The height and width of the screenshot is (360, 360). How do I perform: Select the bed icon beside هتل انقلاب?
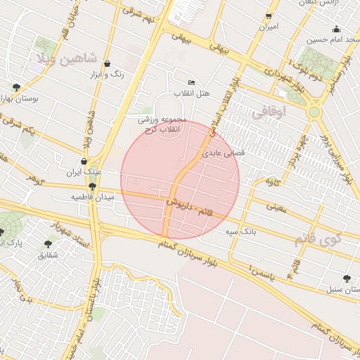(x=192, y=82)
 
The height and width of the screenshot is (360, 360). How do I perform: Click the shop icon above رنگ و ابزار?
(x=107, y=63)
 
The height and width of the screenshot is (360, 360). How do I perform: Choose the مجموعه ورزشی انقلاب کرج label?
(x=161, y=124)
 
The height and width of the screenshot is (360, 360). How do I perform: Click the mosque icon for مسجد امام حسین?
(x=336, y=29)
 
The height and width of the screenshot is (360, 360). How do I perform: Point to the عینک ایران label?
(x=84, y=172)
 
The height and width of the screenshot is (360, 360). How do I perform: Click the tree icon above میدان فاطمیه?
(x=92, y=186)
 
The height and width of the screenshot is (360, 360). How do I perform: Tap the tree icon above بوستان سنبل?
(x=345, y=278)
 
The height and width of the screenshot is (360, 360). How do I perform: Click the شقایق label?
(x=47, y=256)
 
